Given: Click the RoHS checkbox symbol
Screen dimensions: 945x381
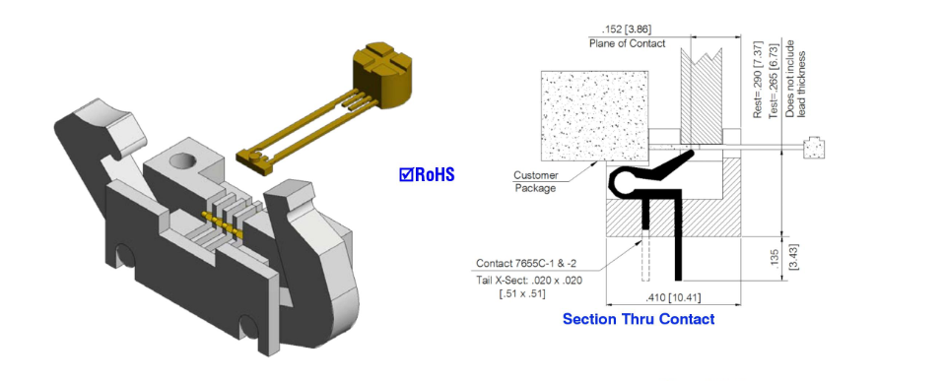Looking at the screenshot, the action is [406, 174].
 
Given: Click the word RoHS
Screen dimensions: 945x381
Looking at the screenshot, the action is [434, 174].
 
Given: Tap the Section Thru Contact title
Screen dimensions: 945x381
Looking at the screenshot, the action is [639, 319].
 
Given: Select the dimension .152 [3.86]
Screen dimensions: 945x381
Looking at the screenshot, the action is [626, 29].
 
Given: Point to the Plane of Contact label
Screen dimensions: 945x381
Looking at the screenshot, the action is [627, 43].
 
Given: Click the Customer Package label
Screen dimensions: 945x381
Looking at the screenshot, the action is [535, 182].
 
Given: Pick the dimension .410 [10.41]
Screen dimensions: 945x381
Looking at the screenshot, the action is [673, 298].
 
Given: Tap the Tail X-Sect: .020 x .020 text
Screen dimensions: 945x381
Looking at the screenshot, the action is [529, 281].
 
